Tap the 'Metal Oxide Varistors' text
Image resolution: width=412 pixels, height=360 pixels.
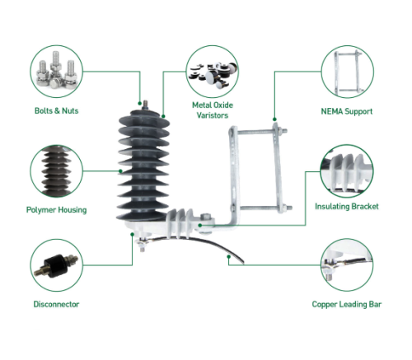click(x=213, y=110)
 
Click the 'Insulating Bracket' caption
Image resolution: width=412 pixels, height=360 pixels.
click(x=347, y=207)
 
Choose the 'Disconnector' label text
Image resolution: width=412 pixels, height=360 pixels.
click(x=57, y=304)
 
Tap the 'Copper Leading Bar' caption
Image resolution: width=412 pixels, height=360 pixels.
click(x=347, y=304)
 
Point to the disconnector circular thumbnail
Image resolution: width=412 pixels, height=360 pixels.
click(x=57, y=264)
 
